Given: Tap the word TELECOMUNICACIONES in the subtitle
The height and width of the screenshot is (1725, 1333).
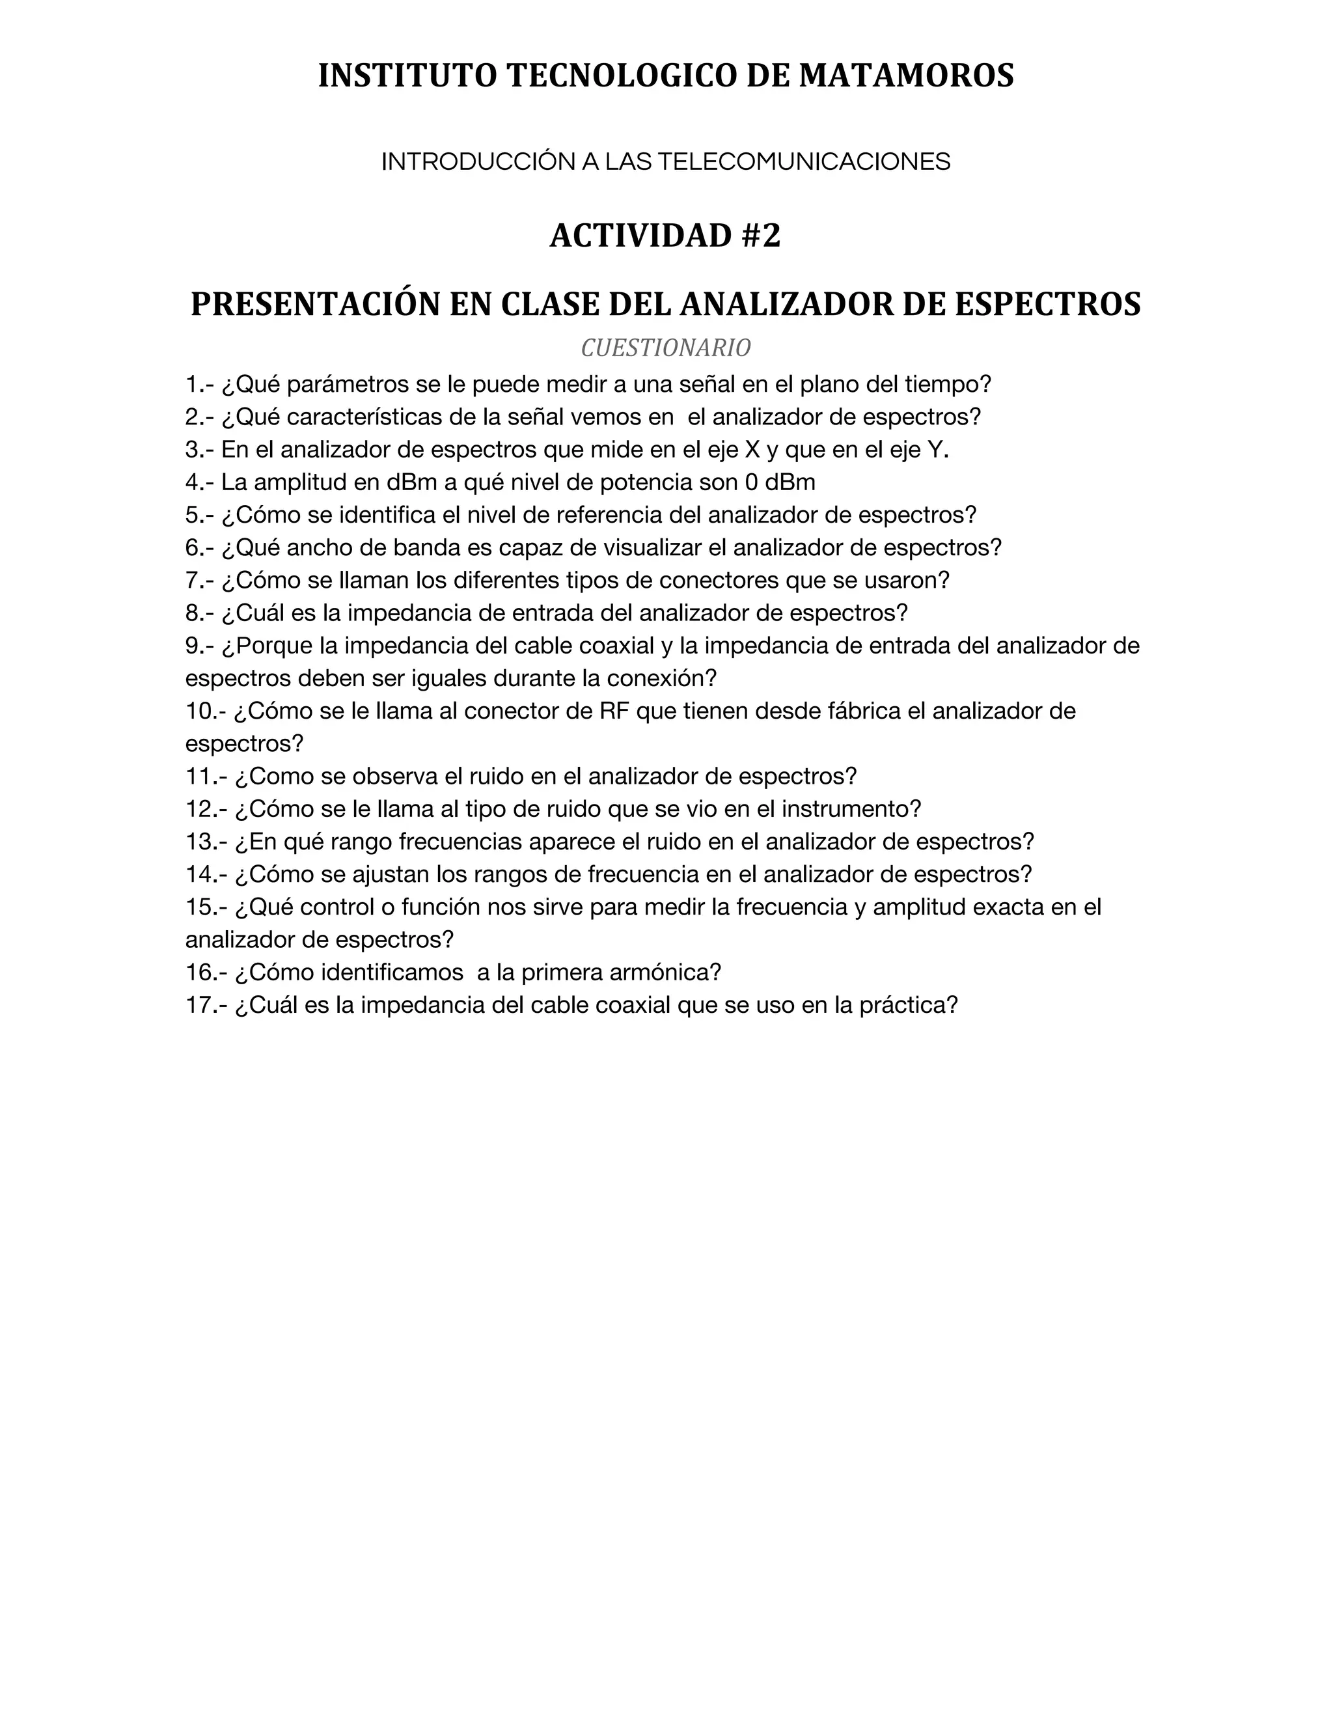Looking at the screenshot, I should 804,162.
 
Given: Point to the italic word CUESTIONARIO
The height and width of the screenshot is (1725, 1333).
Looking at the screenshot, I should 666,348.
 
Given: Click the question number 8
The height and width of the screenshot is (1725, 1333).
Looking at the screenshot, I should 195,613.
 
